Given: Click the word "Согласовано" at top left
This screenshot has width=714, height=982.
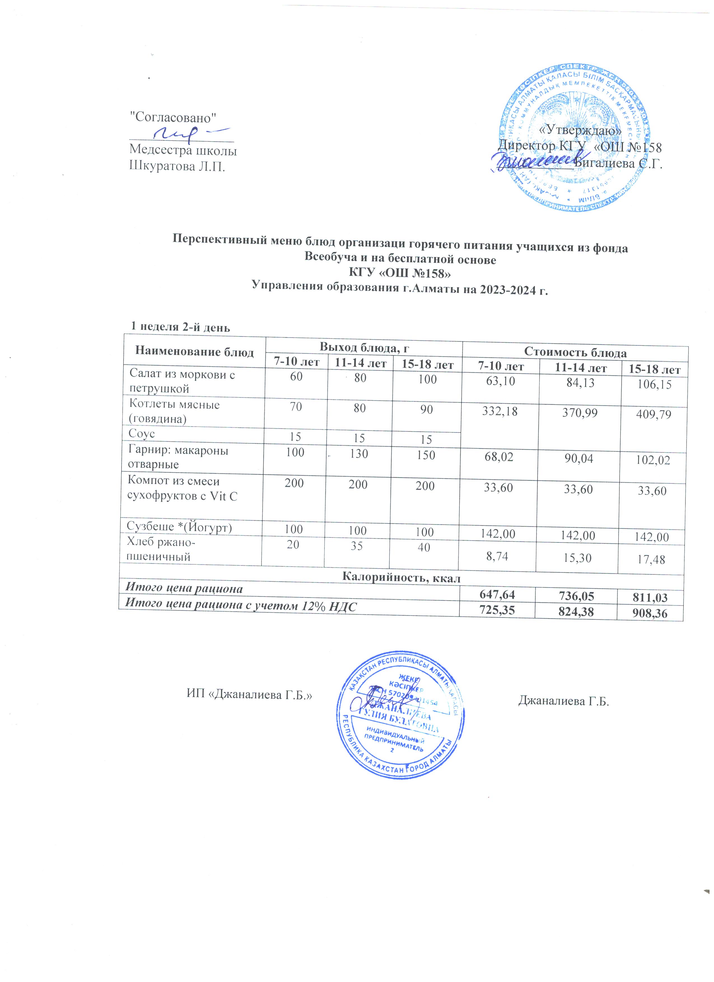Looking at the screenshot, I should (173, 117).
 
